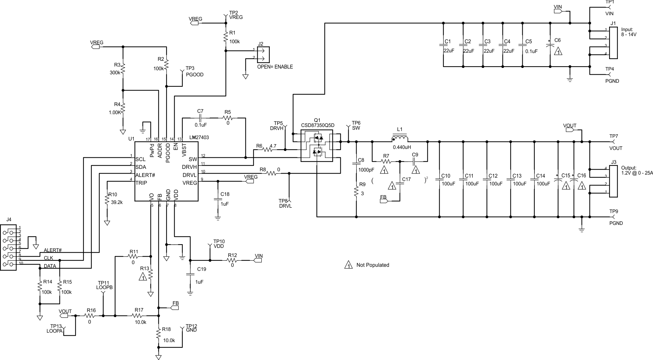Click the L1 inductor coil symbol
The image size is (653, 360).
tap(399, 139)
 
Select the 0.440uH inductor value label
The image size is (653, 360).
tap(402, 147)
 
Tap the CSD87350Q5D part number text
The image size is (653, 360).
tap(317, 125)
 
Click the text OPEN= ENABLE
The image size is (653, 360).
tap(275, 67)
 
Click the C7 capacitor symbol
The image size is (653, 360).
tap(200, 118)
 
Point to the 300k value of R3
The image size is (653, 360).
tap(115, 73)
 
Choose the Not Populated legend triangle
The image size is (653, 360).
tap(348, 265)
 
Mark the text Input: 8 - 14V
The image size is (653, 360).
tap(629, 32)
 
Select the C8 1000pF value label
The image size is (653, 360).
tap(366, 170)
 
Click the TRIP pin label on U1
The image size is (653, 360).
tap(141, 183)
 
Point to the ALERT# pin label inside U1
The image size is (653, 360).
tap(145, 175)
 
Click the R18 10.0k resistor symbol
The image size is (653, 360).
tap(158, 334)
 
